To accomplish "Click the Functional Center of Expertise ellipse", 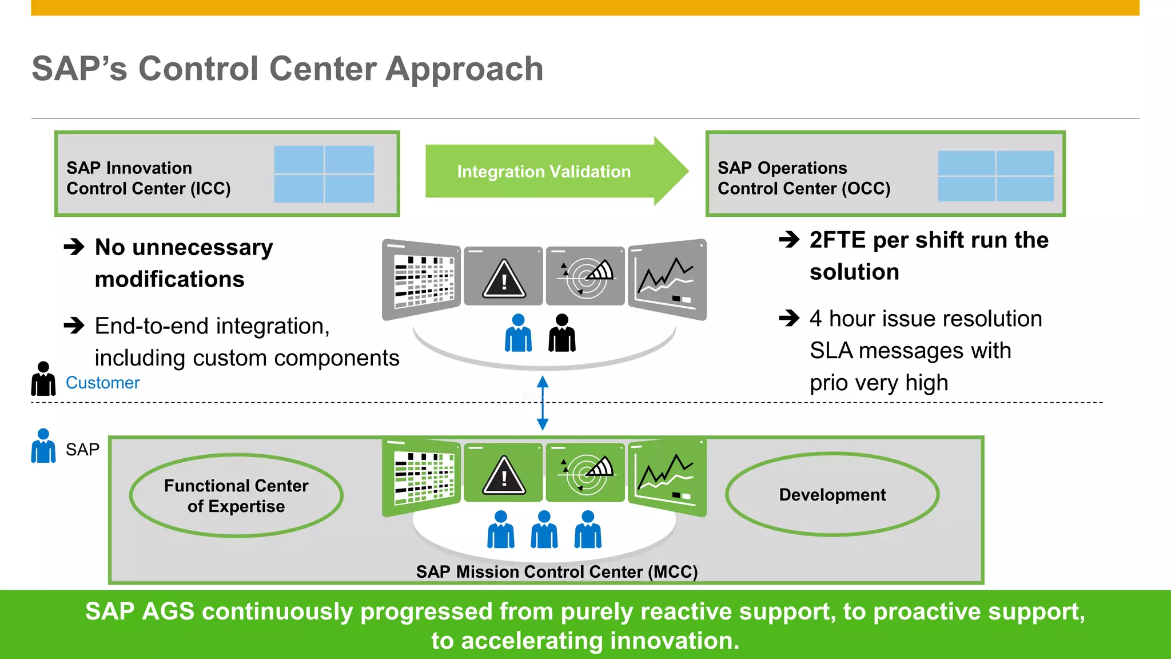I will (236, 495).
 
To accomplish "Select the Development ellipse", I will (832, 494).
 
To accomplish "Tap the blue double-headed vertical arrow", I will (543, 403).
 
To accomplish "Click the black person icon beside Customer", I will (43, 379).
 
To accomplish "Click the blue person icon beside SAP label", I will (43, 446).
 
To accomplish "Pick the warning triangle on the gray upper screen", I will (504, 279).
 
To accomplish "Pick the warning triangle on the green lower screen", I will (504, 475).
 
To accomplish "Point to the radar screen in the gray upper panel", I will (585, 276).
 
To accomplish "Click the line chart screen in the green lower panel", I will (667, 477).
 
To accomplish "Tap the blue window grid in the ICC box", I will (324, 174).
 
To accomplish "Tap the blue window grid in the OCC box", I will (995, 176).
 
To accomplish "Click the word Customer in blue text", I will (102, 383).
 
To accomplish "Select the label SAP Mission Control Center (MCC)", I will (556, 571).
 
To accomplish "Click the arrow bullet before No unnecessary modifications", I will (74, 247).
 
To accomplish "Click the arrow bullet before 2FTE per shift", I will (789, 240).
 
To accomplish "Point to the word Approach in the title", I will (464, 69).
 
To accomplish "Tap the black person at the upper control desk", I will (562, 334).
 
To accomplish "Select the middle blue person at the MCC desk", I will (544, 530).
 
